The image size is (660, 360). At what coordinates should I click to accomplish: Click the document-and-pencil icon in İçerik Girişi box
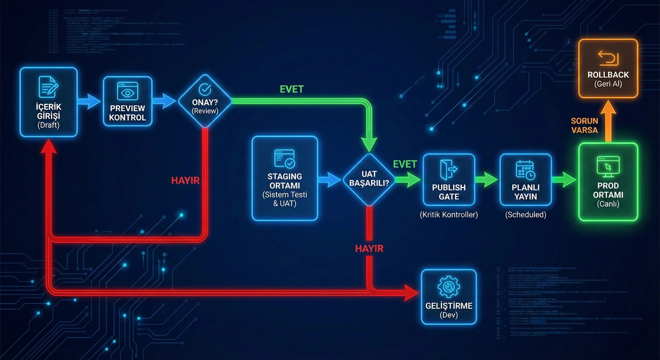[x=49, y=87]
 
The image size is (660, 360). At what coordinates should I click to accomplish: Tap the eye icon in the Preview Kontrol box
[x=127, y=91]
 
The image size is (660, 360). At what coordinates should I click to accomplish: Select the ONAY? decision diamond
[x=205, y=101]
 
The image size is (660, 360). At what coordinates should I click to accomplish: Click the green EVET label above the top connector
[x=292, y=89]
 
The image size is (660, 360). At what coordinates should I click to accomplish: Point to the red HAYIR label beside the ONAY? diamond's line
[x=185, y=181]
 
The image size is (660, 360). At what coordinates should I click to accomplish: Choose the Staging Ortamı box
[x=285, y=178]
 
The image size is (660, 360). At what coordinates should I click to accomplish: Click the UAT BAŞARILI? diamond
[x=369, y=179]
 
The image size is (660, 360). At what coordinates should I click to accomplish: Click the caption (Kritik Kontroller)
[x=449, y=214]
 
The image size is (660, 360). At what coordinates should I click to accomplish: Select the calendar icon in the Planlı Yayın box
[x=525, y=170]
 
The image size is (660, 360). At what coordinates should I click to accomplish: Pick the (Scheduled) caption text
[x=525, y=214]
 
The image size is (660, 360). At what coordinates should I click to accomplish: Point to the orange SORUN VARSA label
[x=585, y=126]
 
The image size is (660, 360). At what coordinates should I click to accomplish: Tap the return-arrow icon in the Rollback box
[x=608, y=57]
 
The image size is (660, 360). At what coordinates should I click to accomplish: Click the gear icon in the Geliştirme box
[x=449, y=287]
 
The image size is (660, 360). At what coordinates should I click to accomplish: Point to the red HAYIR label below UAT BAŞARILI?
[x=369, y=248]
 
